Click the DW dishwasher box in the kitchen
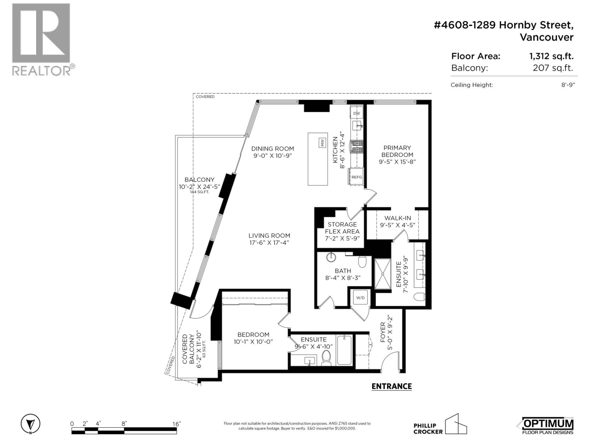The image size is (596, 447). (356, 113)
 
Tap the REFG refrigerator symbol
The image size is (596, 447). (356, 177)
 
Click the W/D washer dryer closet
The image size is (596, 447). (360, 298)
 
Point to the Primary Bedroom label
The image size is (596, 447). (397, 151)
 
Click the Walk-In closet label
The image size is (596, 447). (397, 218)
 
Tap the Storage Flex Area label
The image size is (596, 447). (342, 228)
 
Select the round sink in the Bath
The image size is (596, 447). (331, 257)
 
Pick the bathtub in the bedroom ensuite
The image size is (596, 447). (344, 350)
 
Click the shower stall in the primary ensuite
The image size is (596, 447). (383, 274)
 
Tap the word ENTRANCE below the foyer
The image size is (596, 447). (391, 386)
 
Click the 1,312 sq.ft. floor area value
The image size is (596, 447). (551, 56)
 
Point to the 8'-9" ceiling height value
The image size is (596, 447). (568, 85)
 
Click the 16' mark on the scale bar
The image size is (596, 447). (176, 424)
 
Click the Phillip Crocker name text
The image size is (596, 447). (428, 429)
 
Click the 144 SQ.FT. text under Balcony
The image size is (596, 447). (200, 192)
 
